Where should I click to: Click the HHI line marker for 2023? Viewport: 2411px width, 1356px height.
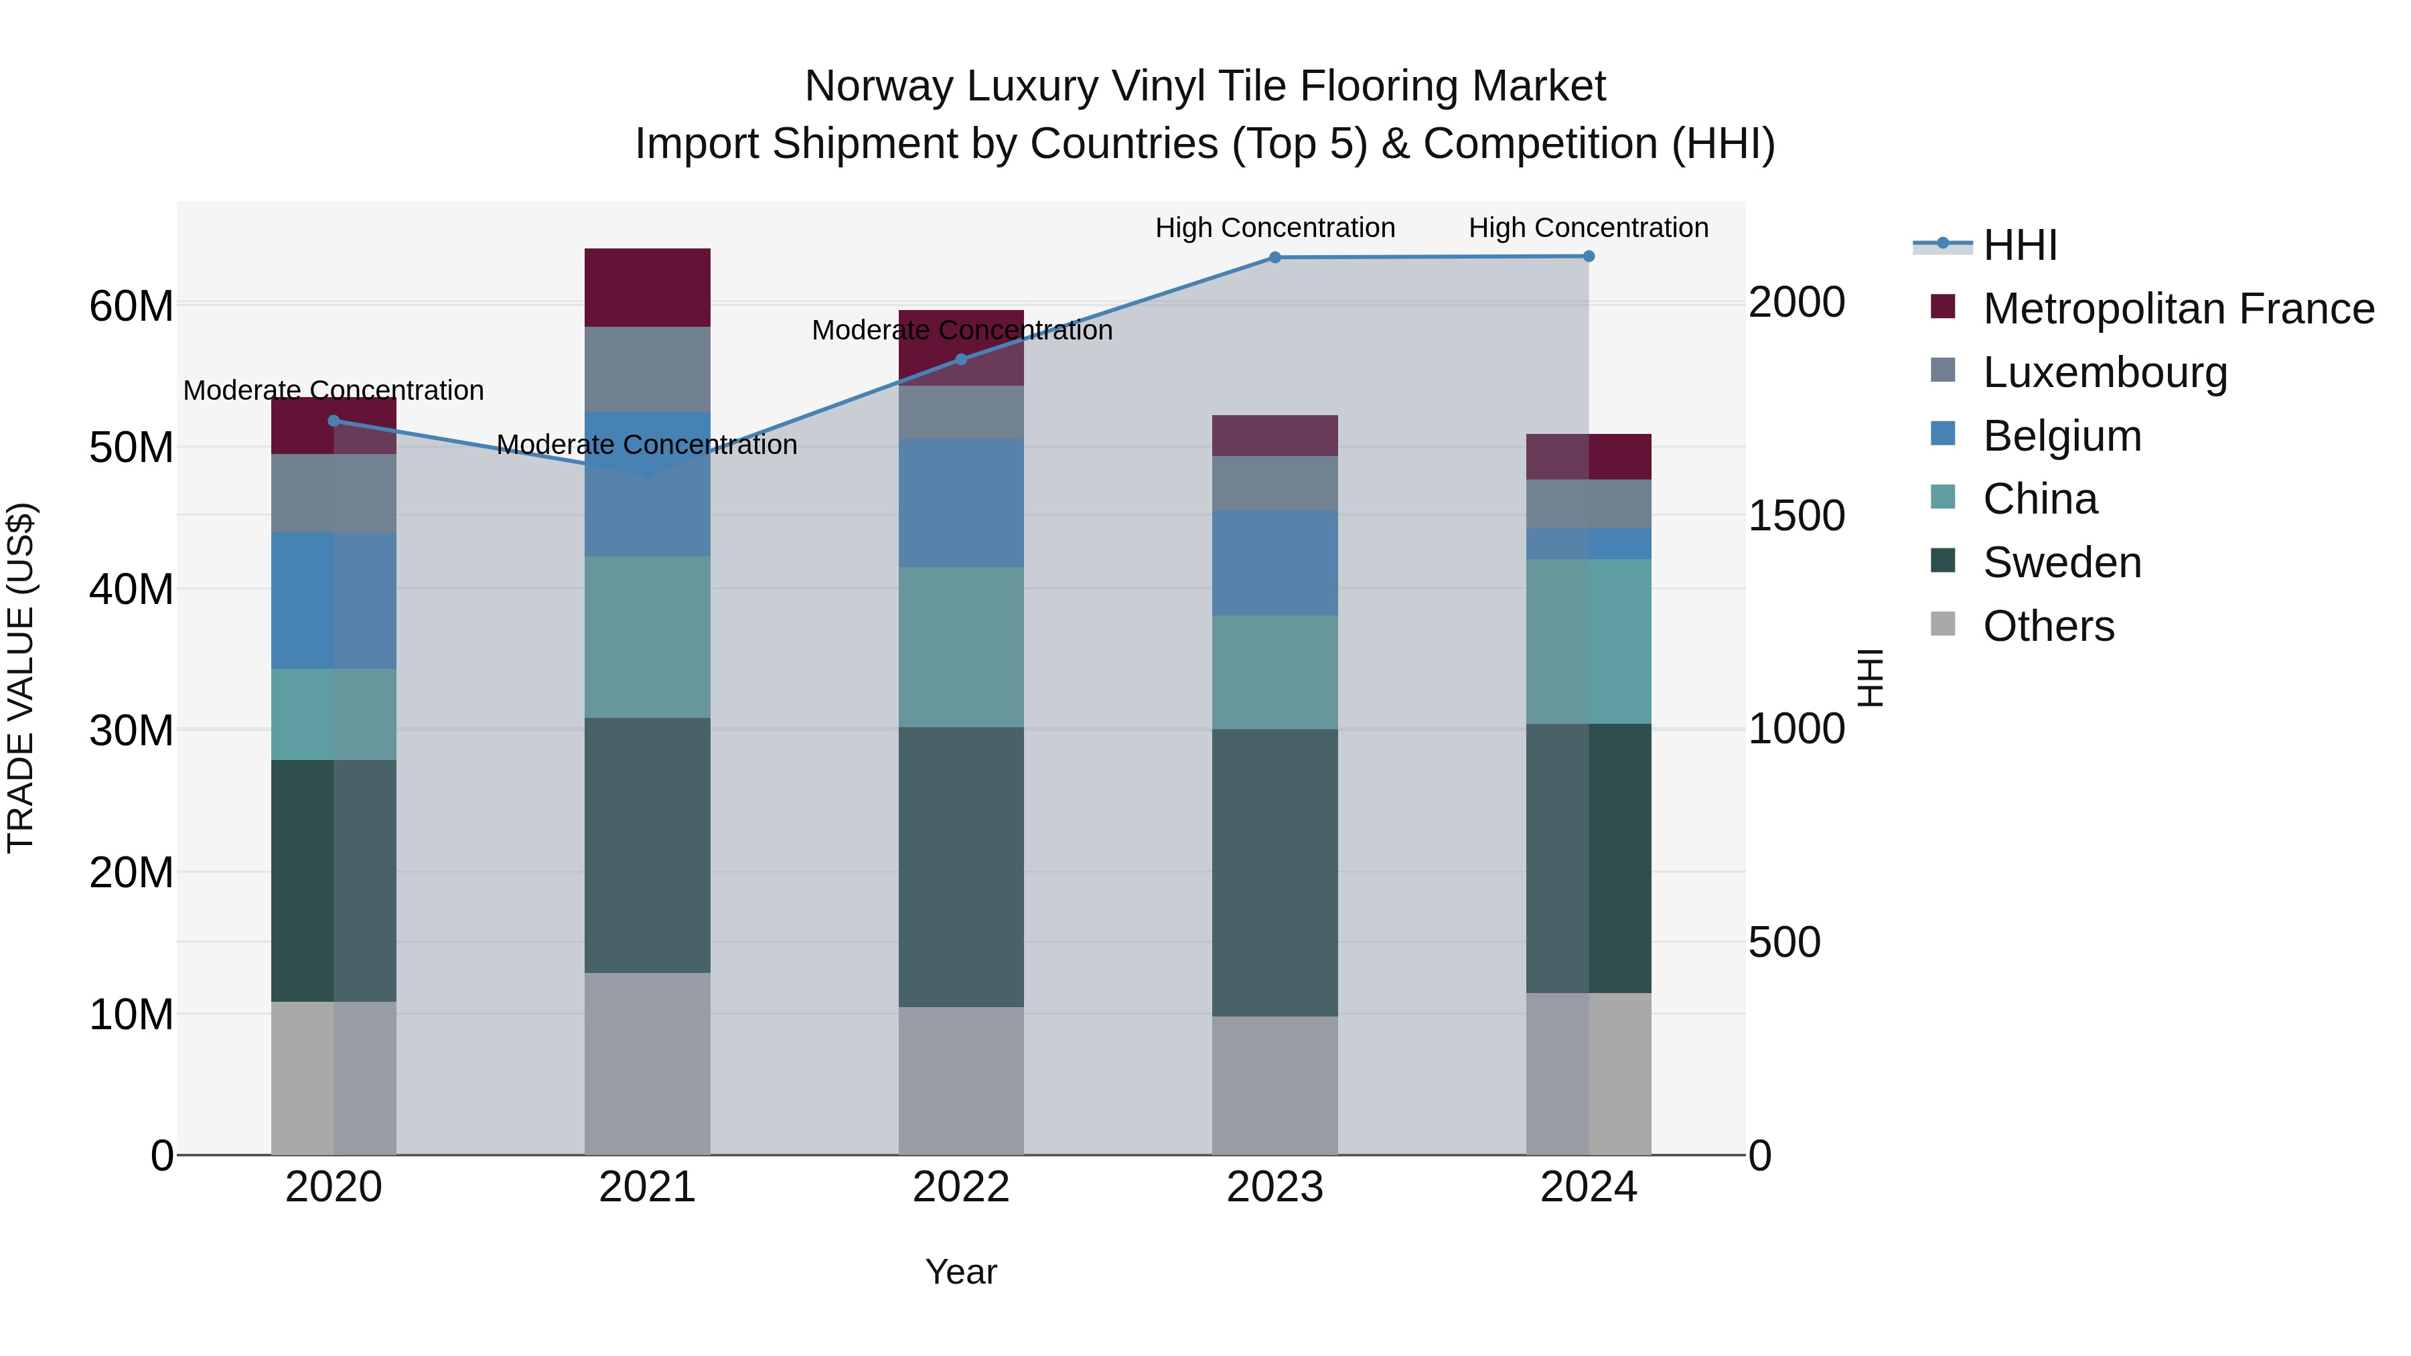click(1274, 257)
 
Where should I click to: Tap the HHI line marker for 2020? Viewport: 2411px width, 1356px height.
click(334, 420)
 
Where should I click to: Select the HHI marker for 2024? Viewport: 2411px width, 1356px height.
click(1589, 256)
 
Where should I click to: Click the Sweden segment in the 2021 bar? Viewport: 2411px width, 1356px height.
click(647, 845)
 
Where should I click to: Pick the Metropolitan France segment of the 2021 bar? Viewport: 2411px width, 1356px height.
click(647, 287)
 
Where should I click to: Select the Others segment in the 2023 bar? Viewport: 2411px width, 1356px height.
click(1274, 1085)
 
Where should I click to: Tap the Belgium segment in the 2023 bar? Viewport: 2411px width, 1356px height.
click(1274, 562)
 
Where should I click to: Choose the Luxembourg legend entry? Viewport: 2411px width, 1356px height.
click(2105, 372)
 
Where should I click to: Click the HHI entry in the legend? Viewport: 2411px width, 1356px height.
click(2020, 245)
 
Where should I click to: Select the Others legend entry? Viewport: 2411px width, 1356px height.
click(2048, 626)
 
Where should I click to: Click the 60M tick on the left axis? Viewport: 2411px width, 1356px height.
click(131, 306)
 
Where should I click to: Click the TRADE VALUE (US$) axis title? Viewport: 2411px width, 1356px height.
click(21, 678)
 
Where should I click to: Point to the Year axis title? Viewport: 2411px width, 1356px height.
click(961, 1272)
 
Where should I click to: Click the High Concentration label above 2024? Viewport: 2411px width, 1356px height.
click(1589, 228)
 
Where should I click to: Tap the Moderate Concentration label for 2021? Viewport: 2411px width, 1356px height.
click(647, 445)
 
